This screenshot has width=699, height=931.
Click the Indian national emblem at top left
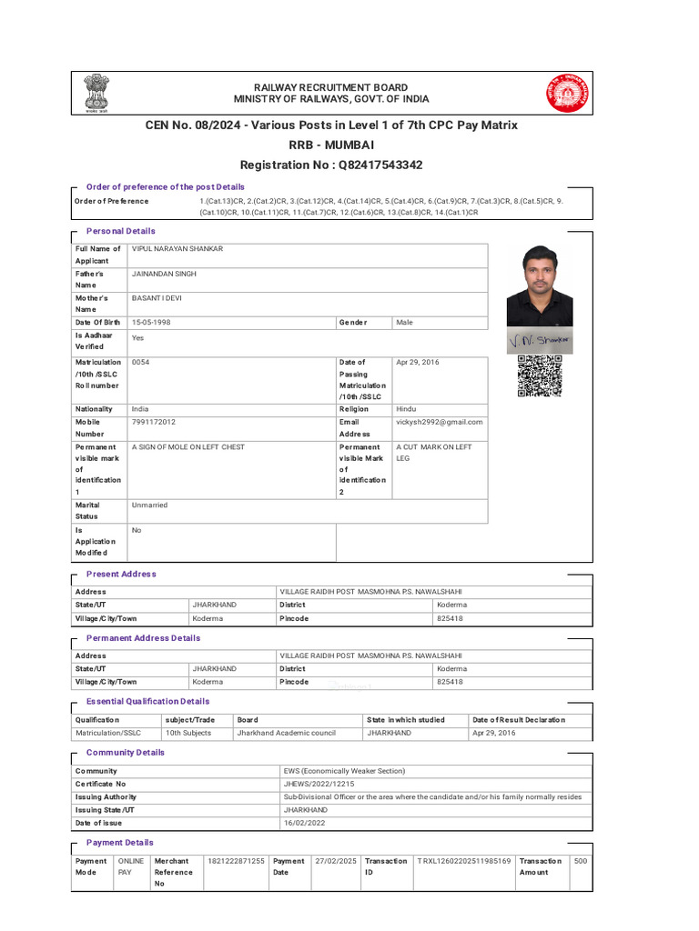[96, 93]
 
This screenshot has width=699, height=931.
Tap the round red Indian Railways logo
[568, 93]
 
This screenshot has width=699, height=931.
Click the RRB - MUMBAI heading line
[331, 145]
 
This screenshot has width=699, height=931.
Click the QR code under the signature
[540, 375]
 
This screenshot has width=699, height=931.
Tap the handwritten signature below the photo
[540, 340]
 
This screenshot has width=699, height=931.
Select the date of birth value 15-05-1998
[151, 323]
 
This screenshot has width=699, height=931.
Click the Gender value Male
[404, 323]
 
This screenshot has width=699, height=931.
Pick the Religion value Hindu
[406, 409]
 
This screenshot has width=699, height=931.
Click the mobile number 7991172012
[154, 422]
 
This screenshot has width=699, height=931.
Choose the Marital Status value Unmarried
[150, 505]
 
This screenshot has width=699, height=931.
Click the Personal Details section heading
[120, 231]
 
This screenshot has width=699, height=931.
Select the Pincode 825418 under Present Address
[450, 618]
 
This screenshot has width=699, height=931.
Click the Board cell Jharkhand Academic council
[287, 733]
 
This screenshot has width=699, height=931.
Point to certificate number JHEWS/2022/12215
[319, 784]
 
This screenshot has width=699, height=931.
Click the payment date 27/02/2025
[335, 860]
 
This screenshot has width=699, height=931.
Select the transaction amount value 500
[581, 860]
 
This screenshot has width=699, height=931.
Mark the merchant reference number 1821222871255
[236, 860]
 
